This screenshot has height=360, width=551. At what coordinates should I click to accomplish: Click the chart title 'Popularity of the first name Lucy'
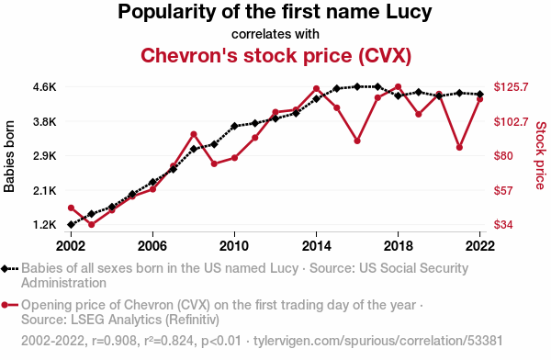(275, 12)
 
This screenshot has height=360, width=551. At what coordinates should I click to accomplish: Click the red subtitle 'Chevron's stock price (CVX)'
(275, 55)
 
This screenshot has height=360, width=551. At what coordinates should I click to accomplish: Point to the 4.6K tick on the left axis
(45, 87)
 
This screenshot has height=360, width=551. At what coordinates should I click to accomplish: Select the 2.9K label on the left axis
(45, 156)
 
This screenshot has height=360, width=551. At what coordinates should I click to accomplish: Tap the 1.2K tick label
(45, 225)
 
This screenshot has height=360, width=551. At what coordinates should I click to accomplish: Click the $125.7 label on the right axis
(511, 87)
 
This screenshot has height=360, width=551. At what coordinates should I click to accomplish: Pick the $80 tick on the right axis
(503, 156)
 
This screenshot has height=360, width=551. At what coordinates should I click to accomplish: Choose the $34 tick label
(503, 225)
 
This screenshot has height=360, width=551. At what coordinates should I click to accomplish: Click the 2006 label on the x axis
(152, 246)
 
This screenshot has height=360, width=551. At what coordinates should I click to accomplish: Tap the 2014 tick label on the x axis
(316, 246)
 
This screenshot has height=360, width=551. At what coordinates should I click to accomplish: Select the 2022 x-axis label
(479, 246)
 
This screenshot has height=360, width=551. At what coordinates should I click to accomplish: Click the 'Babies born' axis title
(9, 156)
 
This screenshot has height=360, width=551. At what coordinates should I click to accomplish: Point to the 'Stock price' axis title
(541, 155)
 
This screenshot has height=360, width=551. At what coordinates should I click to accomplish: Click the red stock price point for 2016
(357, 141)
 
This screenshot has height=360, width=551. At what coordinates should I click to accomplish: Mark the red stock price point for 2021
(459, 148)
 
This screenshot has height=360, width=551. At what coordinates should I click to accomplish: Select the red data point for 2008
(194, 134)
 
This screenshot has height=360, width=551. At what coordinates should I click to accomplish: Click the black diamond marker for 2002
(71, 225)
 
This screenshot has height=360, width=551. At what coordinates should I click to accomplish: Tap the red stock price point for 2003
(91, 224)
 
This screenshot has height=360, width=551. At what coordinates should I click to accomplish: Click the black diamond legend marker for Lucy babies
(5, 269)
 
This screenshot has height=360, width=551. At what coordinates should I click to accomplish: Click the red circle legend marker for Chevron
(5, 305)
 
